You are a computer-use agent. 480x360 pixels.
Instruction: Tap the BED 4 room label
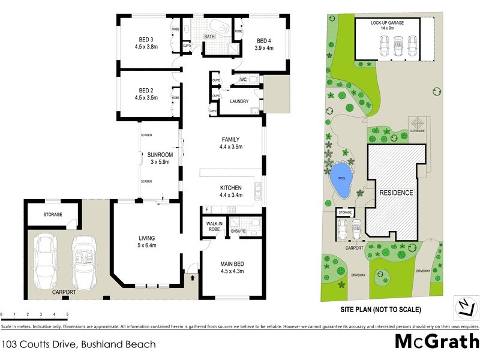pyautogui.click(x=264, y=40)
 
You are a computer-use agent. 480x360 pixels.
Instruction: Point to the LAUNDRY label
pyautogui.click(x=239, y=101)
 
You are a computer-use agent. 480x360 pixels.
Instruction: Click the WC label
pyautogui.click(x=244, y=79)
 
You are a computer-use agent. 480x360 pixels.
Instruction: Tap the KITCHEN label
pyautogui.click(x=231, y=187)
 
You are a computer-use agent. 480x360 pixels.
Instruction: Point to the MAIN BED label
pyautogui.click(x=231, y=262)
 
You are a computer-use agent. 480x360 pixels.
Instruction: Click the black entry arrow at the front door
pyautogui.click(x=193, y=277)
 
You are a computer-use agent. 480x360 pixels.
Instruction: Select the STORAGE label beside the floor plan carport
pyautogui.click(x=53, y=214)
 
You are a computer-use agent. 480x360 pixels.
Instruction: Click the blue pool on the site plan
pyautogui.click(x=341, y=182)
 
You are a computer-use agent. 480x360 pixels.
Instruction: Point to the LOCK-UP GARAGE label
pyautogui.click(x=387, y=25)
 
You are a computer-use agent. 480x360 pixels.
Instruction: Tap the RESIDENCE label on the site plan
pyautogui.click(x=395, y=193)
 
